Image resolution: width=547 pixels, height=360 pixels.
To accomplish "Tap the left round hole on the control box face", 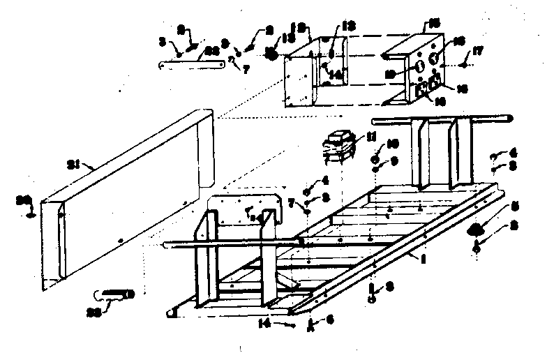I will click(421, 67).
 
